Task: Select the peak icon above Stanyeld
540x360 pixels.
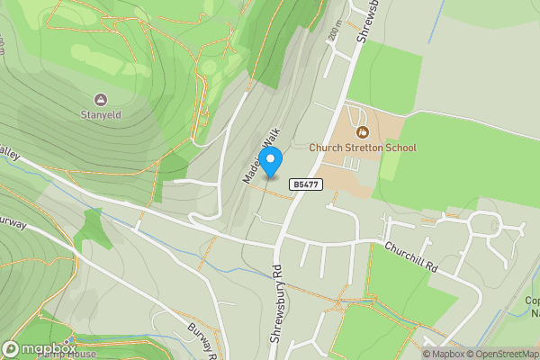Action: coord(99,99)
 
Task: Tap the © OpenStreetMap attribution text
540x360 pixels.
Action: coord(499,354)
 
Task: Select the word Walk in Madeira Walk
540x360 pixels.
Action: coord(266,144)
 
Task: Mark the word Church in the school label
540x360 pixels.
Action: coord(324,148)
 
